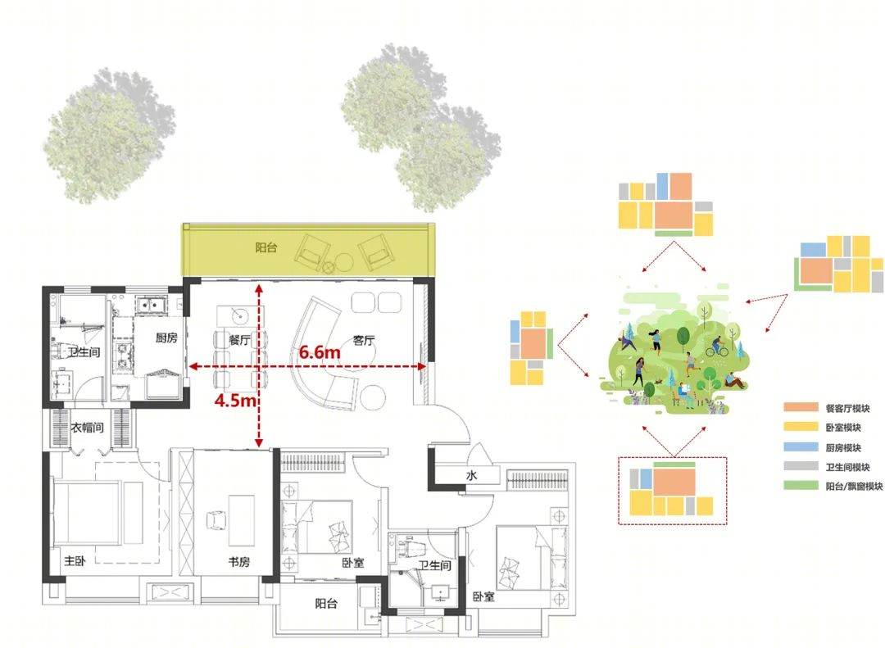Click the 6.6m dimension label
320,352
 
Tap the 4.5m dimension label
235,401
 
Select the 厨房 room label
166,338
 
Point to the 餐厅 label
239,340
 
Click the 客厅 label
364,340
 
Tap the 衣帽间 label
88,428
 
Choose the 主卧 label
75,560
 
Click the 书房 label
238,562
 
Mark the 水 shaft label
471,475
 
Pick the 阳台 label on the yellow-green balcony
265,247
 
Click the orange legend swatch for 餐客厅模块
801,407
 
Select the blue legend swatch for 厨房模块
801,447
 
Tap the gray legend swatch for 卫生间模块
801,466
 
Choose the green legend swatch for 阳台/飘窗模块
801,486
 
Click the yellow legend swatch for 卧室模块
801,427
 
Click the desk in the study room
241,520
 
